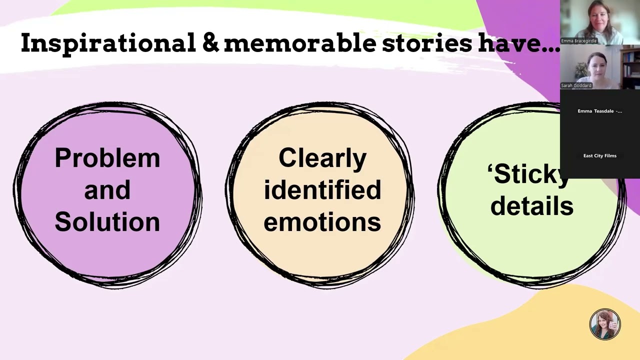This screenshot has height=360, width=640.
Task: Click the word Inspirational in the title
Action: (108, 43)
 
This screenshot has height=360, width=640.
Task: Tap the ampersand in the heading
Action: (211, 42)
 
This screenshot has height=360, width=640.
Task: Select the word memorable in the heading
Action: (300, 43)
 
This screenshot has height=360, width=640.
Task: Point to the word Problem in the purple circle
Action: (107, 158)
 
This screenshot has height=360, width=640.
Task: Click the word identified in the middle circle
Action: (322, 189)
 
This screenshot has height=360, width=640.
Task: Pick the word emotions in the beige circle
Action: (322, 222)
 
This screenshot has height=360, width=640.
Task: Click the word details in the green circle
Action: (532, 205)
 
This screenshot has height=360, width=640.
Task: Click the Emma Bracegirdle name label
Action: (578, 41)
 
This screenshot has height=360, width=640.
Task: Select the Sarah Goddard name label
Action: (576, 85)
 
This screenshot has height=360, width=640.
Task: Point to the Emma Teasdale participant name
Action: (599, 111)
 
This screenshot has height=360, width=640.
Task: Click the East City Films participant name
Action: (599, 155)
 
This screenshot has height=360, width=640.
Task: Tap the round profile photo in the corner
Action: (605, 324)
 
